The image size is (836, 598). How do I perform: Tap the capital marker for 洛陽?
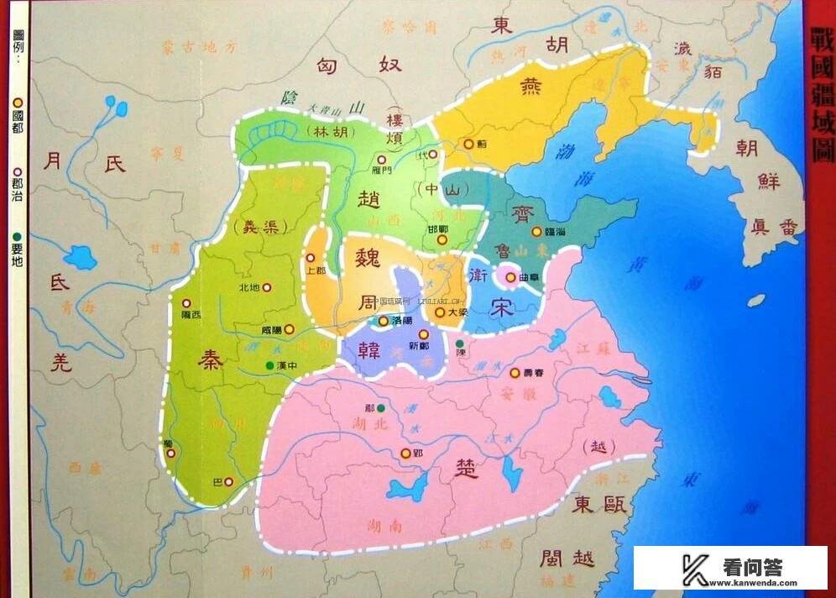[384, 321]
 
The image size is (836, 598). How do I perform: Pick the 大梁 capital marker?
[439, 312]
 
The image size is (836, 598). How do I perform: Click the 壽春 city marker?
[515, 372]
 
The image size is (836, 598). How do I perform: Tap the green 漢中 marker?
[269, 365]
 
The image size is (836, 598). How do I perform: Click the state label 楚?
[466, 469]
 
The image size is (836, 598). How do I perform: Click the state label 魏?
[368, 257]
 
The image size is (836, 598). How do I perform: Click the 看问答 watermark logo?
[730, 568]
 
